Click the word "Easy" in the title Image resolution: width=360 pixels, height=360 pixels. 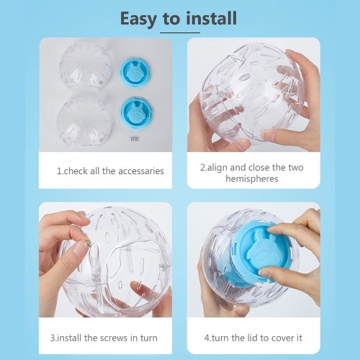(138, 19)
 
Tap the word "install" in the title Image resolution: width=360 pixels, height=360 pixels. (211, 18)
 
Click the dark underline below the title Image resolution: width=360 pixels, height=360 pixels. (180, 32)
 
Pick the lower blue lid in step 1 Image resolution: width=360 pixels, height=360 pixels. (137, 112)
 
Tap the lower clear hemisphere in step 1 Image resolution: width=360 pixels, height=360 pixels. (84, 121)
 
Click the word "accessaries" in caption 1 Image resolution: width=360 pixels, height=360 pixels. (141, 171)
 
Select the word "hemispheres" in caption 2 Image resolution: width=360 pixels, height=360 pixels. (252, 179)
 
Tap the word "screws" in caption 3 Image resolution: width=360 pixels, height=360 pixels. (114, 338)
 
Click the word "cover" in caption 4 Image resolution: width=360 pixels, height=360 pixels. (283, 338)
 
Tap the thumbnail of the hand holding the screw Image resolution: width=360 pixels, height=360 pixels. (78, 250)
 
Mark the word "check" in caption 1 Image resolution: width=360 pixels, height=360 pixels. (76, 171)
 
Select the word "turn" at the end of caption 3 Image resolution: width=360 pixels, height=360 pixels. (149, 338)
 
